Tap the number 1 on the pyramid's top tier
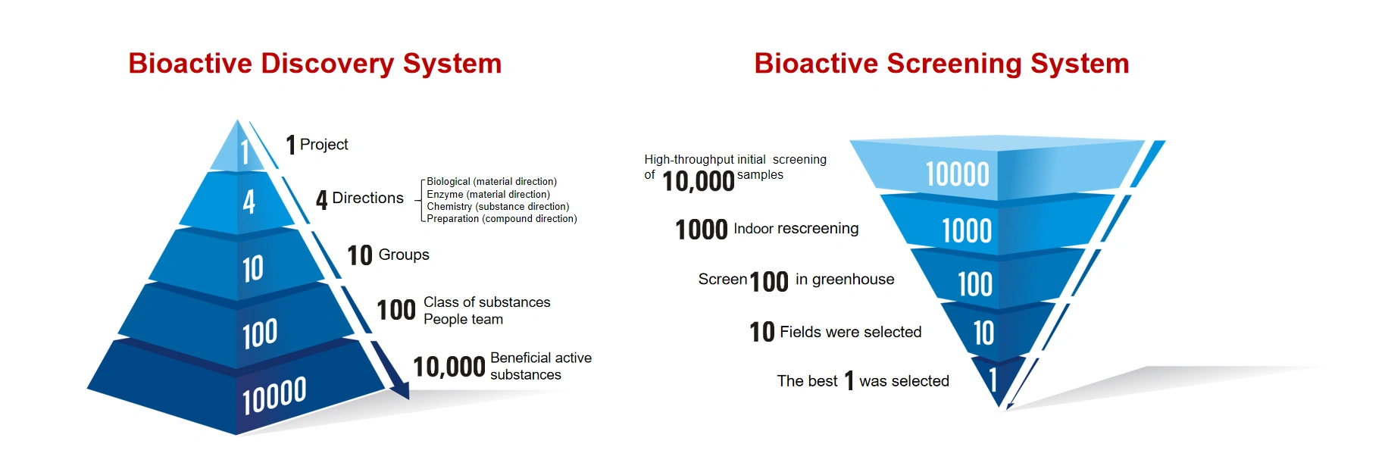click(x=245, y=152)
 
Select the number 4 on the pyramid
click(x=249, y=202)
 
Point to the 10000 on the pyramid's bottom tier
click(x=274, y=396)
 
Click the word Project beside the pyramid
click(x=324, y=145)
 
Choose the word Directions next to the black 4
click(x=367, y=199)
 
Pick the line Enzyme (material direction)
click(x=488, y=195)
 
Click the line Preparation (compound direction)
click(x=502, y=219)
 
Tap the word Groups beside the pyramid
click(x=403, y=255)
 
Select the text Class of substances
click(x=486, y=302)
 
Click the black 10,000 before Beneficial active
click(x=449, y=367)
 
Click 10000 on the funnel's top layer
click(x=957, y=175)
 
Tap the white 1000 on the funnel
click(x=966, y=231)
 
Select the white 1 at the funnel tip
click(x=993, y=380)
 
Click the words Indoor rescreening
click(x=796, y=229)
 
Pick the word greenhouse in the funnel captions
click(x=852, y=280)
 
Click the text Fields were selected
click(x=850, y=333)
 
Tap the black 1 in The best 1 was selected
click(x=849, y=380)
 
